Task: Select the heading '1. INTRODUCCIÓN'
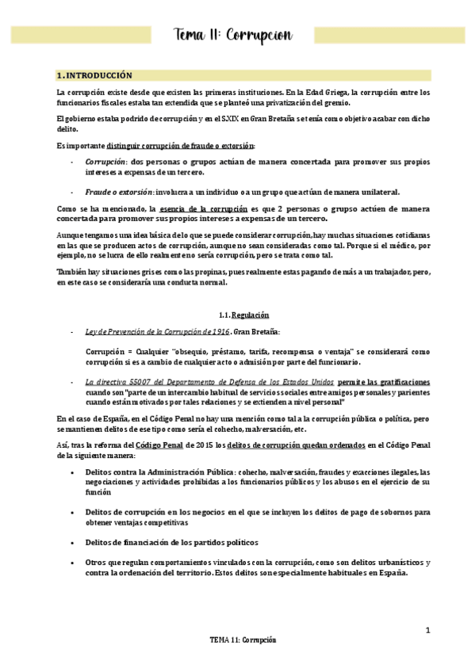94,75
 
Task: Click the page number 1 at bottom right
427,630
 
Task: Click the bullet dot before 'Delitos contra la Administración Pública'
74,472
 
